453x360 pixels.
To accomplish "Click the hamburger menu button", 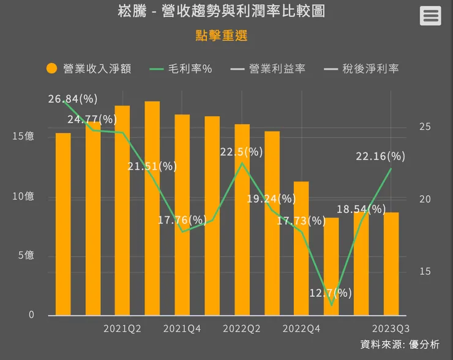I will (x=430, y=16).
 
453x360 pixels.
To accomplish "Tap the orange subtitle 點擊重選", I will (x=221, y=36).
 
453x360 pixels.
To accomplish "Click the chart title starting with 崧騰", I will (x=221, y=12).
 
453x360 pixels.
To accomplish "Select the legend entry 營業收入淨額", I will (x=89, y=69).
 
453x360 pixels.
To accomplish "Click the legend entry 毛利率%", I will (x=181, y=69).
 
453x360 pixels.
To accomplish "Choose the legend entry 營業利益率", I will (x=268, y=69).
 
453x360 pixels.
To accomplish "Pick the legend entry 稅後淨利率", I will (x=362, y=69).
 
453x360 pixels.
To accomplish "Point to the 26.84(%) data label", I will (x=73, y=99).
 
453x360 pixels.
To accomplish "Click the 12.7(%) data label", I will (x=331, y=293).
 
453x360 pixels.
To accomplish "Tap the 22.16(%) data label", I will (x=380, y=156).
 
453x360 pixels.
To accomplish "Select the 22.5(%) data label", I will (x=241, y=152).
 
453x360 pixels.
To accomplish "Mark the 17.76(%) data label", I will (x=182, y=220).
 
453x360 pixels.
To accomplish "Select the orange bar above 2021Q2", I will (x=122, y=211).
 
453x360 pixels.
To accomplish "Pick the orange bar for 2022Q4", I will (x=301, y=248).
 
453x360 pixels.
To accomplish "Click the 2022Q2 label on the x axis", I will (x=241, y=329).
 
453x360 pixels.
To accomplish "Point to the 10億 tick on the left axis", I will (x=23, y=196).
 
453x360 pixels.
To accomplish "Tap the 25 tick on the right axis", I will (x=425, y=127).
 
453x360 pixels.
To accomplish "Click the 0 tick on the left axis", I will (x=30, y=315).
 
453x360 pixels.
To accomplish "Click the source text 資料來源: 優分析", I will (x=400, y=345).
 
